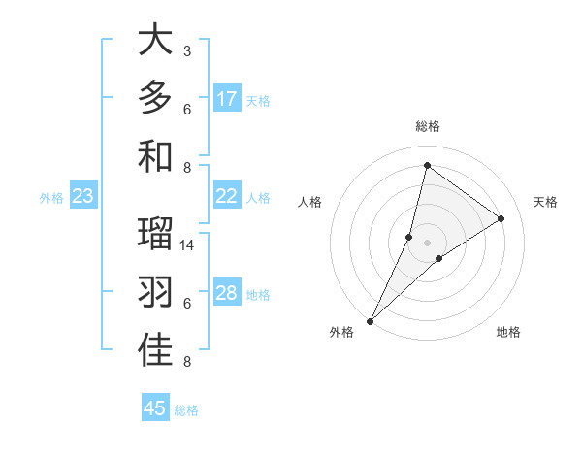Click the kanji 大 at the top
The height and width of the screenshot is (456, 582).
pyautogui.click(x=155, y=40)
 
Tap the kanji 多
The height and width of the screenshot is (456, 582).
pyautogui.click(x=155, y=98)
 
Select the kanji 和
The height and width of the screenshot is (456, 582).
pyautogui.click(x=155, y=155)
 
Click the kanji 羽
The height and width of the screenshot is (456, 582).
pyautogui.click(x=155, y=293)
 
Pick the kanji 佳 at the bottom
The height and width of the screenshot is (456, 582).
pyautogui.click(x=155, y=350)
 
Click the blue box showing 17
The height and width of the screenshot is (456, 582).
pyautogui.click(x=227, y=99)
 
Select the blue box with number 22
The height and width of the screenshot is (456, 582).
pyautogui.click(x=227, y=196)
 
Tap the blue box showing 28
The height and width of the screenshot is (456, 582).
pyautogui.click(x=227, y=293)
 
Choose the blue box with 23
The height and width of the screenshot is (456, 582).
pyautogui.click(x=83, y=197)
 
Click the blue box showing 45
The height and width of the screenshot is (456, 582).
pyautogui.click(x=155, y=408)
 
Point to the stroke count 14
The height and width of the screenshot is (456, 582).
pyautogui.click(x=187, y=245)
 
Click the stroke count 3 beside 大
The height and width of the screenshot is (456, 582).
pyautogui.click(x=187, y=50)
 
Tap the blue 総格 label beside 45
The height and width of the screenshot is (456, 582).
pyautogui.click(x=186, y=410)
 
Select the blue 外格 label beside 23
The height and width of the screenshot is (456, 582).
pyautogui.click(x=51, y=198)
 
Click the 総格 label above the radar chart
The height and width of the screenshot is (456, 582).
pyautogui.click(x=427, y=126)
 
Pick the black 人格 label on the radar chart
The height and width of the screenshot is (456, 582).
pyautogui.click(x=310, y=202)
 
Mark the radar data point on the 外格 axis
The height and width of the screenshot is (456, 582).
pyautogui.click(x=370, y=321)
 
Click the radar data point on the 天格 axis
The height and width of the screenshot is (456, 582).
pyautogui.click(x=501, y=218)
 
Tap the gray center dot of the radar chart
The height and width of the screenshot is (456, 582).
pyautogui.click(x=427, y=243)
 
